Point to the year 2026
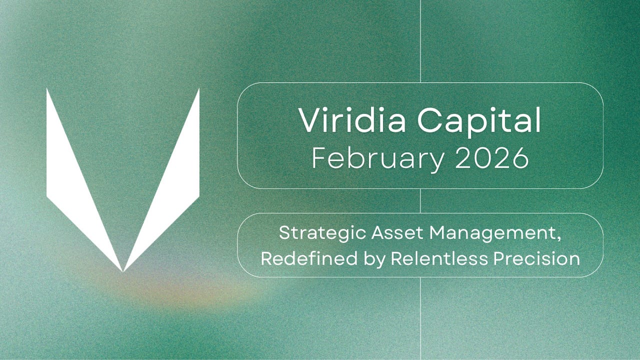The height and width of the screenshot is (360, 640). coord(490,158)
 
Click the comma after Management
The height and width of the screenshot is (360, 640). coord(558,238)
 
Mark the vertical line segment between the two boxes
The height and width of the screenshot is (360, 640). coord(420,200)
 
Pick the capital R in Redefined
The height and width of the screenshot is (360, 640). coord(266,258)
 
